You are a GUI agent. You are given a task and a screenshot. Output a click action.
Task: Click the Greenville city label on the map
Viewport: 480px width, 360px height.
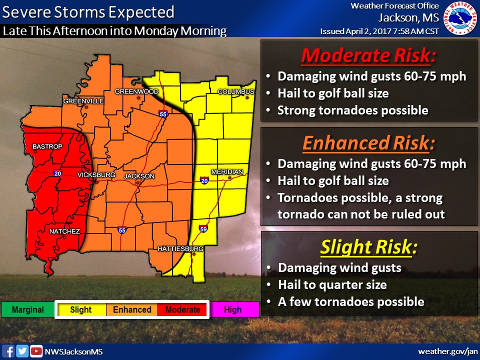click(x=83, y=101)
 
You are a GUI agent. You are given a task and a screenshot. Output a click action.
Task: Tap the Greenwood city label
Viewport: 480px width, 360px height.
click(x=136, y=91)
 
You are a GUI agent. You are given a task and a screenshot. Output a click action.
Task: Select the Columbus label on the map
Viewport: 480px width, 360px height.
click(x=236, y=91)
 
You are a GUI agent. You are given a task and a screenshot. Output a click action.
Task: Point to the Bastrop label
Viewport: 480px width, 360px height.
click(x=47, y=146)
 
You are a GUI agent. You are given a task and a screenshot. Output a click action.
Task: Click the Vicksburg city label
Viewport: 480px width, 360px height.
click(x=96, y=175)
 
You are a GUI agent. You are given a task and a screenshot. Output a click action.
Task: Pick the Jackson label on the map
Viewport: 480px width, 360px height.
click(x=139, y=176)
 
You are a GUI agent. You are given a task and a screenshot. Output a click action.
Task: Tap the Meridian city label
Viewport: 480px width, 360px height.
click(x=226, y=171)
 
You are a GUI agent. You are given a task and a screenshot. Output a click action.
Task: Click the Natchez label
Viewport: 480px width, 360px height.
click(x=64, y=231)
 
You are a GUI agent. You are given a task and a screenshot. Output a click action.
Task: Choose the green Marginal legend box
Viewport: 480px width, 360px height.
click(x=27, y=310)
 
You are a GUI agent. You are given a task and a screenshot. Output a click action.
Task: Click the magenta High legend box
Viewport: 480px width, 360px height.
click(x=232, y=310)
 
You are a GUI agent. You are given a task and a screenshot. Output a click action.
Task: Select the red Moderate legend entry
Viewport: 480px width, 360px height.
click(x=182, y=310)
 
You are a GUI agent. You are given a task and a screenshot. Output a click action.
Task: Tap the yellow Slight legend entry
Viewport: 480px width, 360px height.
click(x=81, y=310)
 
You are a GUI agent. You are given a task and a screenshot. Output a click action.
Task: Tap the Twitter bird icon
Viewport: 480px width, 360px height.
click(x=22, y=351)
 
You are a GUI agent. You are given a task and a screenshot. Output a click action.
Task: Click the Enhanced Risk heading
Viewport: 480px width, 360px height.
click(x=367, y=143)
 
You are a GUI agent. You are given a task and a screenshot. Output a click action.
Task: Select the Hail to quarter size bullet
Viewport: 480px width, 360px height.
click(x=332, y=285)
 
